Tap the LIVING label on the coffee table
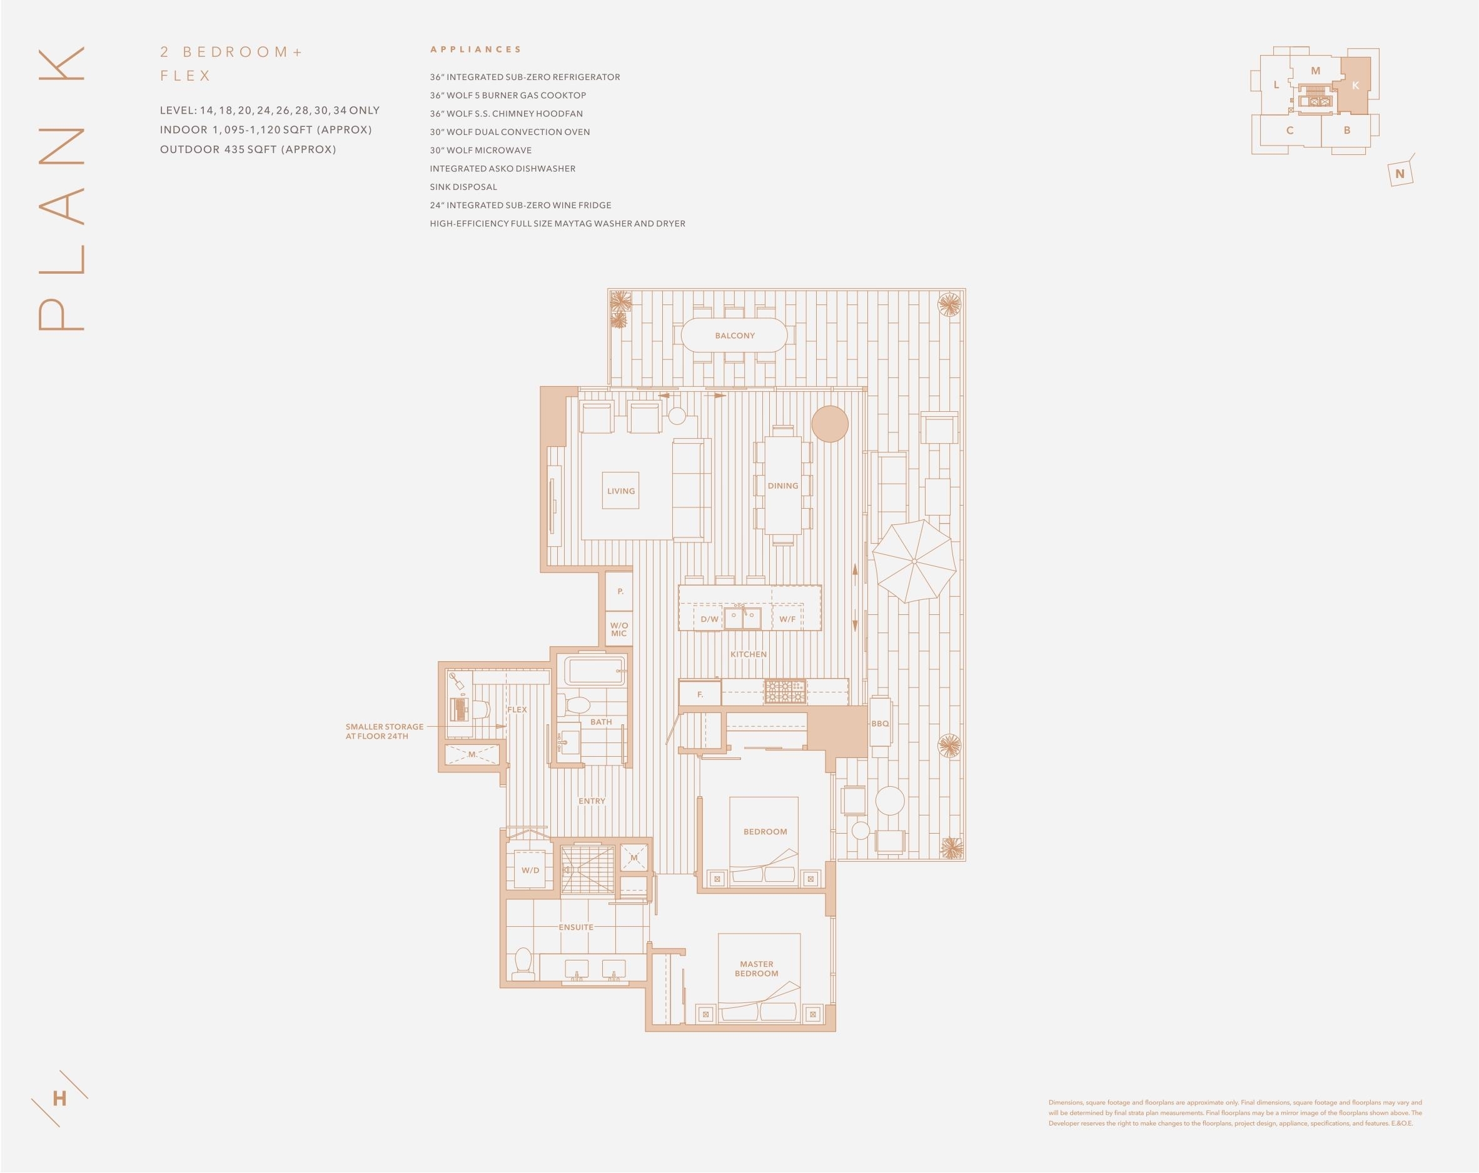click(621, 491)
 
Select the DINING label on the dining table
click(783, 486)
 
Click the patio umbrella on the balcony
click(914, 561)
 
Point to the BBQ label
click(880, 723)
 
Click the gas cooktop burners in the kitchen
click(785, 691)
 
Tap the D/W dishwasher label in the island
click(709, 619)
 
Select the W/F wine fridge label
click(787, 619)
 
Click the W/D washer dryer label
click(530, 870)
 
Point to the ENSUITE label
click(576, 927)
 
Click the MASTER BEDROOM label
click(757, 969)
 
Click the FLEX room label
click(517, 709)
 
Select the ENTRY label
click(592, 801)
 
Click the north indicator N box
click(1400, 174)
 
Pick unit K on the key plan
click(1355, 86)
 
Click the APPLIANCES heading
click(475, 49)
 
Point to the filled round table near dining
click(830, 424)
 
